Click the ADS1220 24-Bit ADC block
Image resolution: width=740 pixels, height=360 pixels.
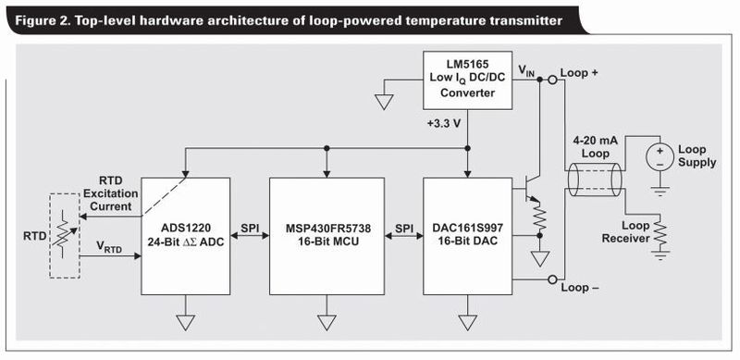click(x=187, y=237)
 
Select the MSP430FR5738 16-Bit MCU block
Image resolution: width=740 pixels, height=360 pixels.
click(x=327, y=237)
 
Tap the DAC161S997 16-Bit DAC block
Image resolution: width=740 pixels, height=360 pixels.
click(x=468, y=237)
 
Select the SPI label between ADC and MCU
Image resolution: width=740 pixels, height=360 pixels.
click(x=251, y=227)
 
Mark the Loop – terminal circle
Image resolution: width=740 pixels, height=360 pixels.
click(x=552, y=279)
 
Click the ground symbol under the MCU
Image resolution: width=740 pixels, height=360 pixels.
click(x=327, y=321)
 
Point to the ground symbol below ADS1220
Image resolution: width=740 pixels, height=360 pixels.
click(x=187, y=321)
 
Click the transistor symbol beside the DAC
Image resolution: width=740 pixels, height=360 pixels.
click(x=530, y=185)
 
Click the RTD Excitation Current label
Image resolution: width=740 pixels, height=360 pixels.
click(x=110, y=192)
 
